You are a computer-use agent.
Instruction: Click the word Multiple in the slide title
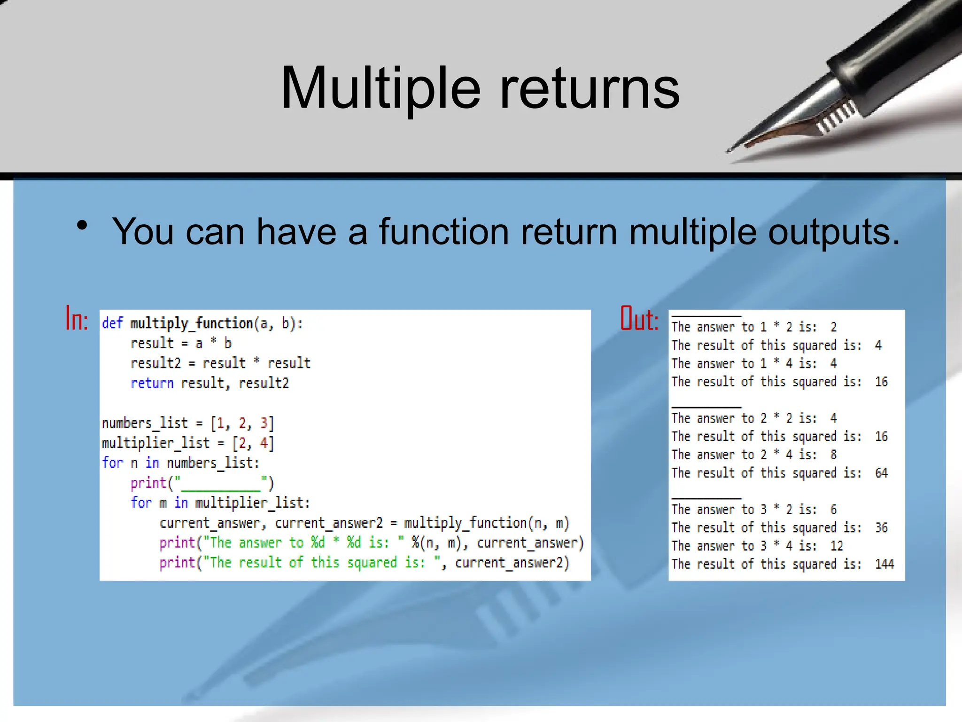[380, 88]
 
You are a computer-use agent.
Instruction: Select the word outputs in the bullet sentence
[834, 232]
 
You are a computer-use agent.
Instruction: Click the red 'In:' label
[77, 319]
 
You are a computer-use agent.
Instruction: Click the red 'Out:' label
[639, 319]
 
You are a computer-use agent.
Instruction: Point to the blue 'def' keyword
[112, 323]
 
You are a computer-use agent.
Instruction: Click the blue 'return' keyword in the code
[152, 383]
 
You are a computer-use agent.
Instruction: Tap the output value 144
[884, 564]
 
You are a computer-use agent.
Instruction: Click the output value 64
[881, 473]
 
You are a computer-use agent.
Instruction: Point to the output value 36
[881, 528]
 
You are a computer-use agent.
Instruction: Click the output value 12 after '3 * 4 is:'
[837, 546]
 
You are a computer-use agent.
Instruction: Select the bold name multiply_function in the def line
[192, 323]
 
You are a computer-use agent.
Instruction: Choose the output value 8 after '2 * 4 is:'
[833, 455]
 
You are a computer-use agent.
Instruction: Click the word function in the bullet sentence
[444, 232]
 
